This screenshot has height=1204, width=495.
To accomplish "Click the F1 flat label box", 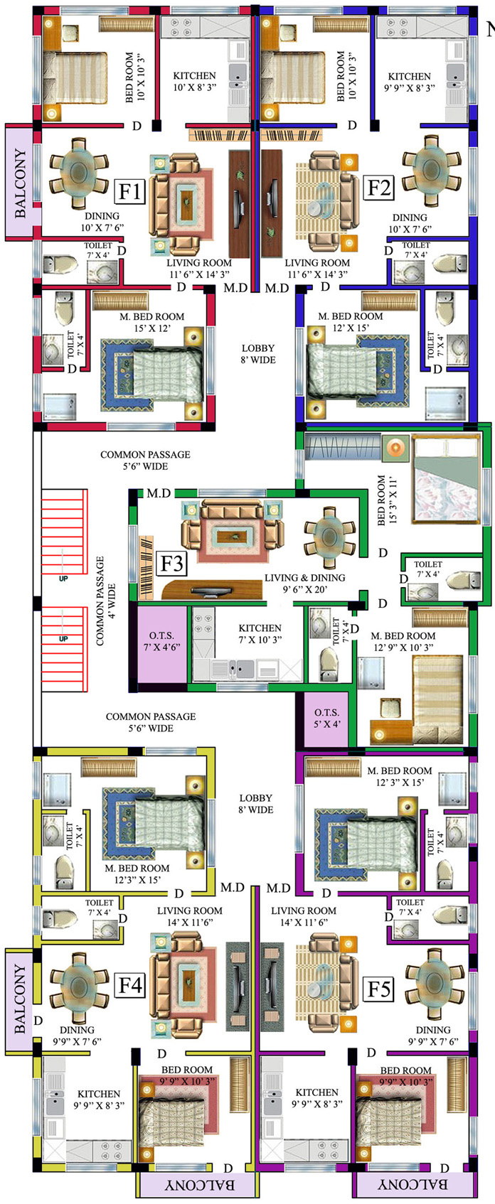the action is pos(132,191).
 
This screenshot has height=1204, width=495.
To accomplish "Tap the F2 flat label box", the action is pos(379,188).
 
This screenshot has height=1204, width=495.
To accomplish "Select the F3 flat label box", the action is pos(172,564).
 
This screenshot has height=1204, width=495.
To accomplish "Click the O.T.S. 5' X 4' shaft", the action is pos(326,719).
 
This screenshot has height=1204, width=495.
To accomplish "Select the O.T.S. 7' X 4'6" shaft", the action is pos(162,643).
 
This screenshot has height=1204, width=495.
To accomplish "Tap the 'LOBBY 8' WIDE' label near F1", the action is pos(258,354).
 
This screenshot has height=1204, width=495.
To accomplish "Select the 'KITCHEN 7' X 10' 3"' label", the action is pos(260,634).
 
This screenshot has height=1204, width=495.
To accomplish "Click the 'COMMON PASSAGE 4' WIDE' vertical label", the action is pos(106,601).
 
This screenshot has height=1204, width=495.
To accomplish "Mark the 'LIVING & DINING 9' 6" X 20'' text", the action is pos(305,584).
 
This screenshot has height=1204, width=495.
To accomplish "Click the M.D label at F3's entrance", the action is pos(159,493).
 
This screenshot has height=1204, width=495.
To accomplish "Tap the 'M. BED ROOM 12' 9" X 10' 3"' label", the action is pos(403,642).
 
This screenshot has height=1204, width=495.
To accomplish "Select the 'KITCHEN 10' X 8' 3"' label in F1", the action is pos(194,82).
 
